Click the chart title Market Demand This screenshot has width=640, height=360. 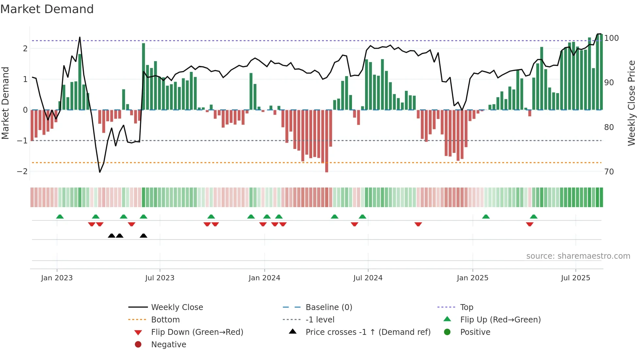click(x=47, y=9)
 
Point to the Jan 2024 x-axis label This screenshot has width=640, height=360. click(x=264, y=278)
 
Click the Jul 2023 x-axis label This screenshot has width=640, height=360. click(x=160, y=278)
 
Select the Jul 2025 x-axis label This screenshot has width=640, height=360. click(x=575, y=278)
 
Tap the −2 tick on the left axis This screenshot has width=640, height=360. click(x=22, y=172)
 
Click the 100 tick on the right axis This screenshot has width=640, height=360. click(x=611, y=38)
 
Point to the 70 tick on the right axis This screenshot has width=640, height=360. click(x=609, y=172)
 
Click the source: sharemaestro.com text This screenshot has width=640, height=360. click(x=578, y=256)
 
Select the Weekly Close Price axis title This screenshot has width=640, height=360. click(x=632, y=103)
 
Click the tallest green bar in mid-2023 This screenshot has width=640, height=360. click(x=143, y=77)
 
